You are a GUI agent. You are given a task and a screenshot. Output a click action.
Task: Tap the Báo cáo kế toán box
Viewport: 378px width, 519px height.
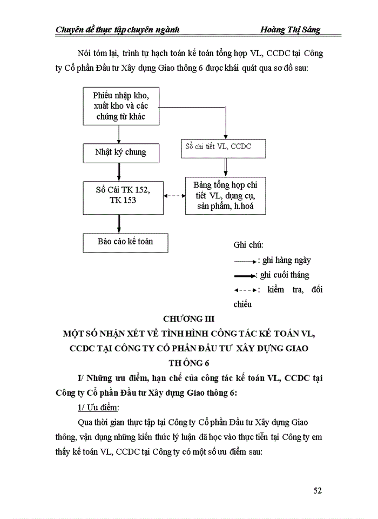click(x=125, y=242)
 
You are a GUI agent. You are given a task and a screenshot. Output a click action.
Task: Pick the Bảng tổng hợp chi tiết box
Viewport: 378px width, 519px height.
click(x=227, y=196)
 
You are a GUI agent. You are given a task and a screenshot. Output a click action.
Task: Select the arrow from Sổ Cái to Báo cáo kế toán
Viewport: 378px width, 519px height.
click(x=118, y=223)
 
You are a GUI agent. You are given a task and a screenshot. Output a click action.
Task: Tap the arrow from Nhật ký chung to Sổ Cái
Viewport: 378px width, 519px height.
click(x=118, y=172)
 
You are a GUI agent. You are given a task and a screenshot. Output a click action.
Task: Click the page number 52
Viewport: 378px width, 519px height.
click(x=318, y=490)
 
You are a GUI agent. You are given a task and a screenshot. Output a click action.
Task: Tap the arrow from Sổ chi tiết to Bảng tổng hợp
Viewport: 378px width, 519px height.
click(x=227, y=168)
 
